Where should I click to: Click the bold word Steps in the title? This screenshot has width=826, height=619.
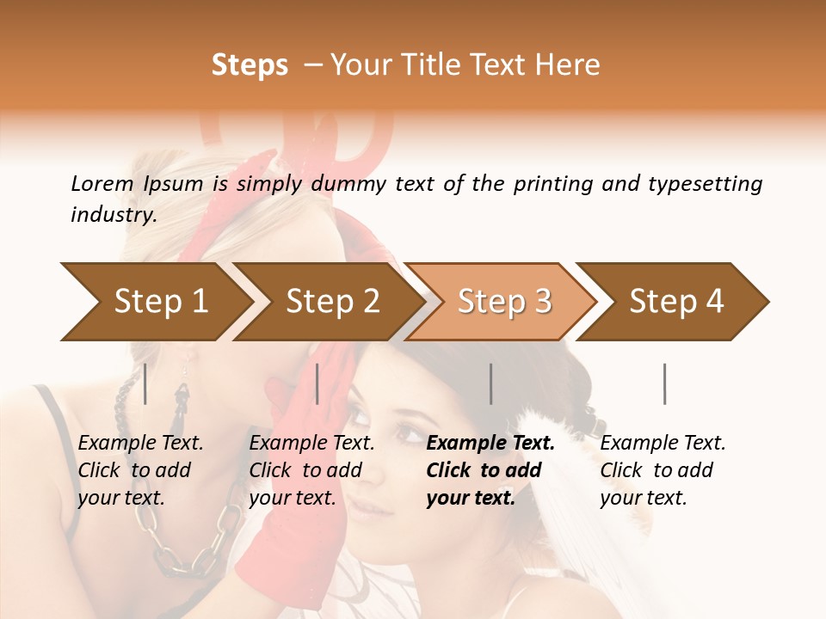[x=250, y=65]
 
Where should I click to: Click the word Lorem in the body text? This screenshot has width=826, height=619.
[x=102, y=183]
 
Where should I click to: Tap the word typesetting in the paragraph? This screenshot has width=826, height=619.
[x=705, y=183]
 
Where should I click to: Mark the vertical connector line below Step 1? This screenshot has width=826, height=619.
[x=145, y=383]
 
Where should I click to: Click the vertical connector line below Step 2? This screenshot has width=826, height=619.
[x=317, y=383]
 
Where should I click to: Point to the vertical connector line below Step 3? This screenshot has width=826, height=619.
[x=491, y=383]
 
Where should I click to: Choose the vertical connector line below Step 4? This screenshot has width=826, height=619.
[x=665, y=383]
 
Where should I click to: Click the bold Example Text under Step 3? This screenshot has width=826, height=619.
[x=490, y=444]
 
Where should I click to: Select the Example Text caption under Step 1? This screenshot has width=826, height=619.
[x=140, y=444]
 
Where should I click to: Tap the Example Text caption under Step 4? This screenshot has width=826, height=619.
[x=663, y=444]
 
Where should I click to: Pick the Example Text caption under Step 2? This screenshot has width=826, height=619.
[x=311, y=444]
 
